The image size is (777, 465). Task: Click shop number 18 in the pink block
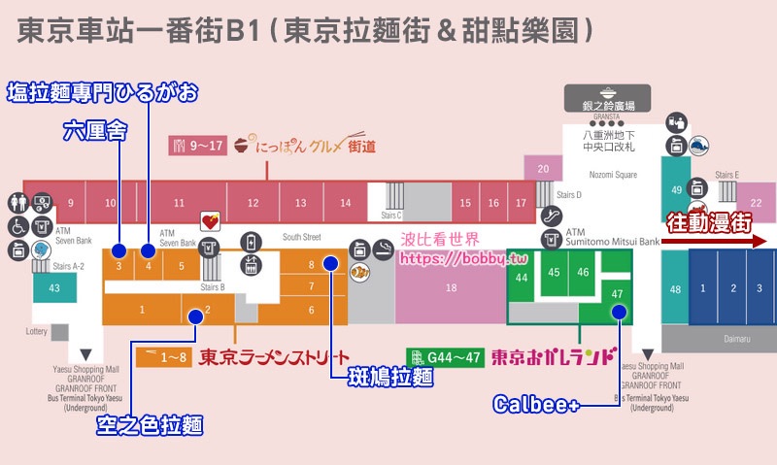[451, 288]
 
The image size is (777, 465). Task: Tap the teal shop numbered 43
[54, 288]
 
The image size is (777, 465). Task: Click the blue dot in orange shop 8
[330, 263]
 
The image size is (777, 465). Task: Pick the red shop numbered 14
[345, 203]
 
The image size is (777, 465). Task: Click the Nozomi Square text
[613, 175]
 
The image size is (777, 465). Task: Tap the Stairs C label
[392, 215]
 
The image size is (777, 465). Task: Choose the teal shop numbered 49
[676, 190]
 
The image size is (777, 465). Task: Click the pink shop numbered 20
[543, 168]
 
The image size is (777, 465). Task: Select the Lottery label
[36, 332]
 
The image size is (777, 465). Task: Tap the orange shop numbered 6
[312, 310]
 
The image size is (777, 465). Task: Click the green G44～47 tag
[446, 356]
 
